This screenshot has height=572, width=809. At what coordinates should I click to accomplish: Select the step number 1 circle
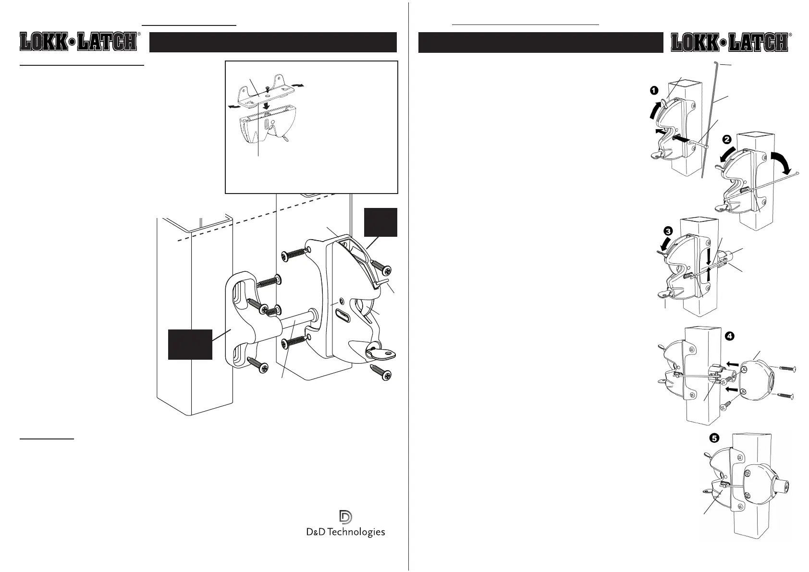point(653,90)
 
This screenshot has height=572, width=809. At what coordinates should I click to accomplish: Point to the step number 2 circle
point(726,140)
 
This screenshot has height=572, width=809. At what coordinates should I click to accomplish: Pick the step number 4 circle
point(729,336)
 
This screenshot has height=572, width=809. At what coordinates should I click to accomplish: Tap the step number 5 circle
point(715,438)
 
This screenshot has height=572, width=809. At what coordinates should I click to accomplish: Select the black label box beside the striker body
point(190,344)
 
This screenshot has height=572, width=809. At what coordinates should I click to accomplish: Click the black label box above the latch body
point(380,222)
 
